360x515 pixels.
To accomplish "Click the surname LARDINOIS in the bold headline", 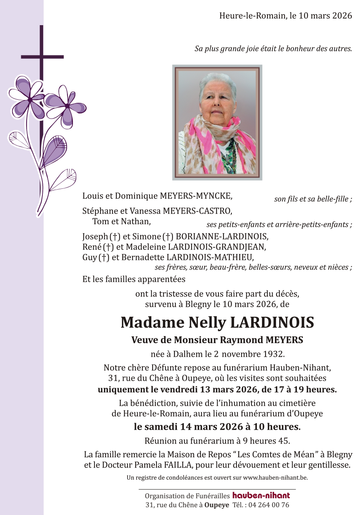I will (272, 323).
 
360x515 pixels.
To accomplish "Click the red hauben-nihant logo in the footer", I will (261, 495).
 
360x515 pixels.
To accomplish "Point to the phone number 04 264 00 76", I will (270, 505).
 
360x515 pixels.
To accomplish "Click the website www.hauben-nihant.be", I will (275, 478).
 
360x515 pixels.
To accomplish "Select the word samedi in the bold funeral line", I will (160, 427).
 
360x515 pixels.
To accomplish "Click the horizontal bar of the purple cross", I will (42, 57).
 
